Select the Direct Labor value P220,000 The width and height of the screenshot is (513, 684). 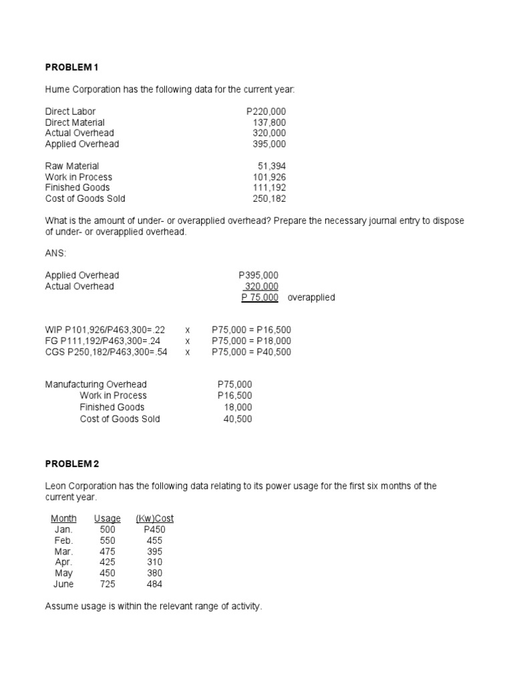pyautogui.click(x=266, y=112)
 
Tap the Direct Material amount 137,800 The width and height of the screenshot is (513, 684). pyautogui.click(x=269, y=122)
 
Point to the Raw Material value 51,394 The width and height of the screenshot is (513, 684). pyautogui.click(x=271, y=166)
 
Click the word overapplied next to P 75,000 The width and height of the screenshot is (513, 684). pyautogui.click(x=311, y=297)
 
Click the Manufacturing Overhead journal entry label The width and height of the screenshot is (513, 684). pyautogui.click(x=96, y=385)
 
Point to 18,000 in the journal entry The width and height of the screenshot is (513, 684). pyautogui.click(x=238, y=407)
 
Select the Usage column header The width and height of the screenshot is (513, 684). pyautogui.click(x=108, y=518)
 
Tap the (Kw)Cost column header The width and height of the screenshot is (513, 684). pyautogui.click(x=154, y=518)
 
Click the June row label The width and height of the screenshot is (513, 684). pyautogui.click(x=63, y=584)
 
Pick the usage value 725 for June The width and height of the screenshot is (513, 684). pyautogui.click(x=107, y=584)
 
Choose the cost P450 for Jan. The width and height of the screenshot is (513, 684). pyautogui.click(x=154, y=530)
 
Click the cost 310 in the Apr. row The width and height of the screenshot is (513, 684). pyautogui.click(x=154, y=562)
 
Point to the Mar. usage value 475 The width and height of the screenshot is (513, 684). pyautogui.click(x=107, y=552)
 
